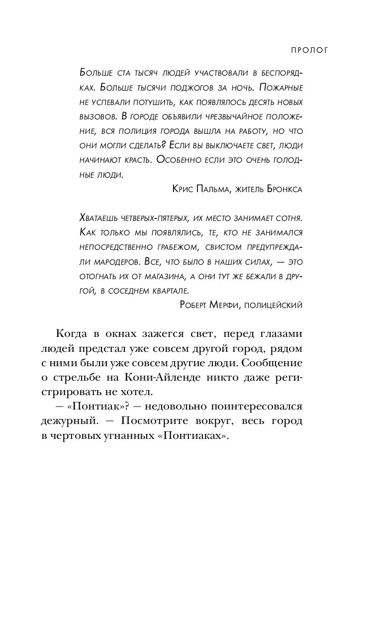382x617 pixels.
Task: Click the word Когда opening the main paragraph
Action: point(72,334)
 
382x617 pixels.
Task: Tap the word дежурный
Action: point(76,421)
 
